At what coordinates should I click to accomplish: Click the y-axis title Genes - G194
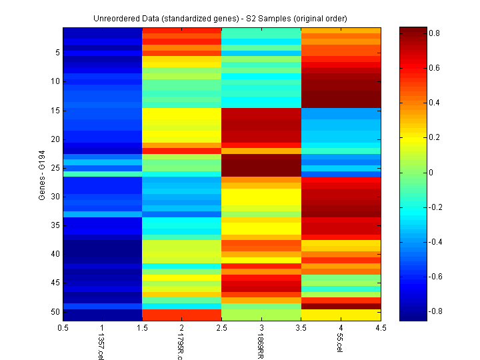(42, 175)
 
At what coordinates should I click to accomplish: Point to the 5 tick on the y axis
(57, 53)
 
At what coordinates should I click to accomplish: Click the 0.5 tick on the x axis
(63, 328)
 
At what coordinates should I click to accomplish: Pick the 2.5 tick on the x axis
(222, 328)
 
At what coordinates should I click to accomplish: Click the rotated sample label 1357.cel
(101, 347)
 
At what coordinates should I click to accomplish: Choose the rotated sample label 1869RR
(260, 347)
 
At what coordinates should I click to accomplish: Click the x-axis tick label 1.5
(143, 328)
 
